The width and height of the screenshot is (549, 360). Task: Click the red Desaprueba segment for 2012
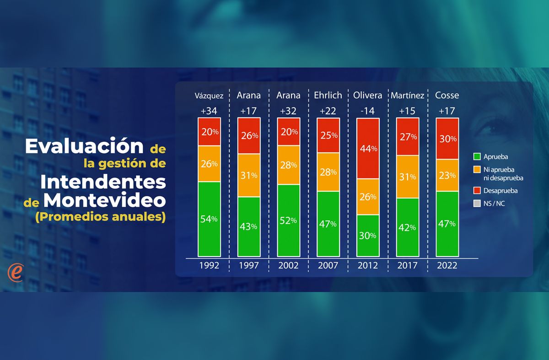pos(368,148)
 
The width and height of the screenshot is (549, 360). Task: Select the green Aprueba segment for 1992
pos(209,219)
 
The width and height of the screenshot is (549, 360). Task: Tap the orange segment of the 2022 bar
pos(447,175)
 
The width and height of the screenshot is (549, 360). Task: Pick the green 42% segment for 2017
pos(407,227)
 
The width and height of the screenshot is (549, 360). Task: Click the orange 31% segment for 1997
pos(249,175)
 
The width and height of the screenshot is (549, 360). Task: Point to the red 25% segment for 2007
pos(328,135)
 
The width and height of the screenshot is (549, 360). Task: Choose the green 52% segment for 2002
pos(288,220)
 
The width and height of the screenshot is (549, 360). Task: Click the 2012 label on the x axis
pos(367,265)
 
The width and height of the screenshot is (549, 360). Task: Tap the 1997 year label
pos(249,265)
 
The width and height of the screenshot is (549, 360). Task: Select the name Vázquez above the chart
pos(209,96)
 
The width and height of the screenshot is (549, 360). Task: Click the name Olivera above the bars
pos(367,96)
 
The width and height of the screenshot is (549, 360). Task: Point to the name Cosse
pos(447,96)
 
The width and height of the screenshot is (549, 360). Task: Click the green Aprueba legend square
pos(477,156)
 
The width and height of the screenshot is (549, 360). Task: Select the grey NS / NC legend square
pos(477,204)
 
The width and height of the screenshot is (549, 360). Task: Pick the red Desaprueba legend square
pos(477,190)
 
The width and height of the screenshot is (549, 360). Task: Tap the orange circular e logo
pos(15,273)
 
